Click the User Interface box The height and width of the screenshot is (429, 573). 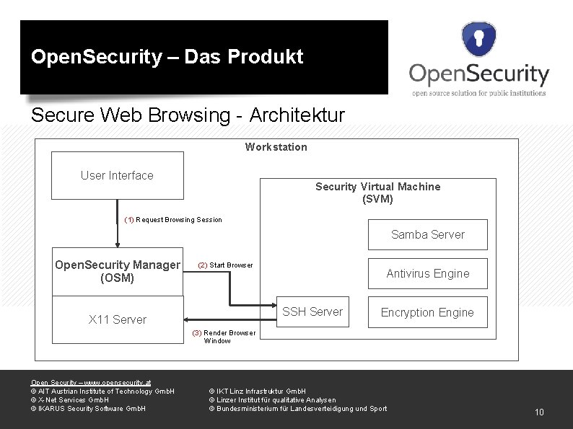pos(117,175)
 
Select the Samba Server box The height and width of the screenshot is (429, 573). pos(427,234)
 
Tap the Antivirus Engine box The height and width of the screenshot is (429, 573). pos(427,273)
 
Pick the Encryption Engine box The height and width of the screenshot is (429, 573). pos(427,312)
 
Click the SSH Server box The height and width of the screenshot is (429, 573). pos(312,311)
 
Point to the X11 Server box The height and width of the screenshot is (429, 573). pos(118,319)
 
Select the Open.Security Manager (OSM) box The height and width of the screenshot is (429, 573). pos(118,271)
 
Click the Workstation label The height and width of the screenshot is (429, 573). pos(276,147)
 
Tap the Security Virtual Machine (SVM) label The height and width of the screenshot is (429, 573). pos(377,193)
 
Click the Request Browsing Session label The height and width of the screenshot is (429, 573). pos(173,219)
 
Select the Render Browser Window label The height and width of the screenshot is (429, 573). pos(224,337)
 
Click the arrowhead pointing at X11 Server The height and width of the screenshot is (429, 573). pos(187,319)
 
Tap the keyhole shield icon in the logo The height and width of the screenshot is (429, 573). pos(478,40)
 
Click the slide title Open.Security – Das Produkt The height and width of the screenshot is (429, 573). pos(167,57)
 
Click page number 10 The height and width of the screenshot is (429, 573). pos(538,412)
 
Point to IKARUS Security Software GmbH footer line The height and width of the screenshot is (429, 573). pos(87,409)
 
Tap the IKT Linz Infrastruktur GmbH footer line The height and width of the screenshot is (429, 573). pos(257,391)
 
